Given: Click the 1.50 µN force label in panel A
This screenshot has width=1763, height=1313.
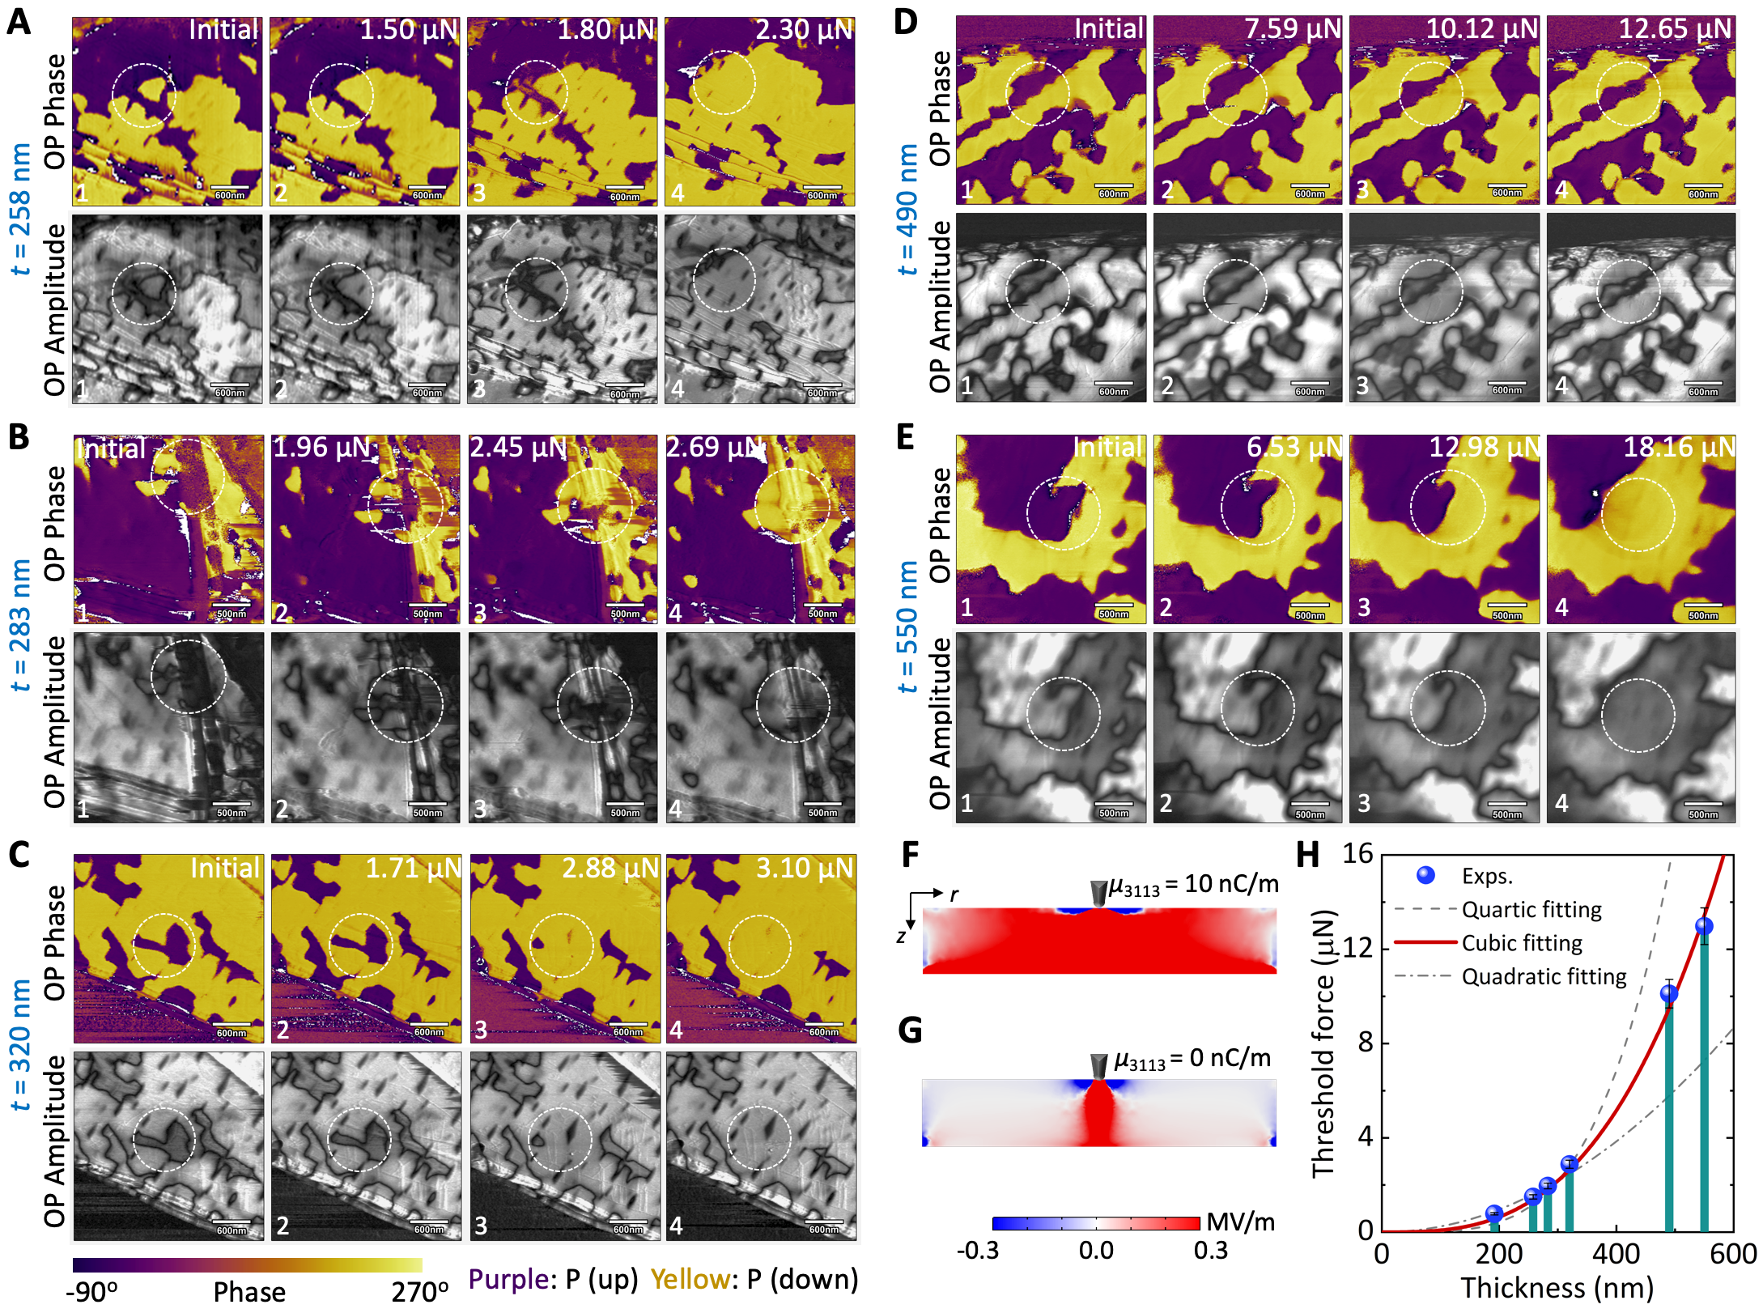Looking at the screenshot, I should coord(409,30).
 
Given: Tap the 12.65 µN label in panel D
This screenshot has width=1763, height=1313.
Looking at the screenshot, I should coord(1675,29).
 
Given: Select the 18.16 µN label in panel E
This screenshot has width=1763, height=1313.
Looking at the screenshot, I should coord(1679,447).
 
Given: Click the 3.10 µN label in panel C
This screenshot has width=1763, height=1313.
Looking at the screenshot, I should coord(805,869).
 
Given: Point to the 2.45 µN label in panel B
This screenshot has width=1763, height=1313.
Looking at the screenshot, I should coord(518,447).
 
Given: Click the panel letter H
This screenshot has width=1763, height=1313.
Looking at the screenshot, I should coord(1308,855).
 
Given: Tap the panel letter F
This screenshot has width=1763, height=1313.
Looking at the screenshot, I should coord(910,855).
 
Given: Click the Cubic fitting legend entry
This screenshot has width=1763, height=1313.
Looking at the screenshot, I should coord(1522,943).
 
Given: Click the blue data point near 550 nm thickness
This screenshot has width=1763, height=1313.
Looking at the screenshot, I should coord(1704,926).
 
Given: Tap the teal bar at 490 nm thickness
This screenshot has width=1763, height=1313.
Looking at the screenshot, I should coord(1669,1117).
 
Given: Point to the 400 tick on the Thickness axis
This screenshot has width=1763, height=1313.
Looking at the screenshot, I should coord(1616,1254).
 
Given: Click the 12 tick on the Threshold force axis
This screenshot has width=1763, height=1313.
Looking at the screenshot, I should coord(1357,948).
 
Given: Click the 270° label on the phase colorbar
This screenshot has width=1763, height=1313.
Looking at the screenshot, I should coord(419,1292).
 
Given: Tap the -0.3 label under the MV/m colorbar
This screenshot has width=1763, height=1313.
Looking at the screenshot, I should coord(978,1251).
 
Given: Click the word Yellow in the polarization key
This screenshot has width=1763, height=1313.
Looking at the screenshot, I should coord(690,1280).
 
